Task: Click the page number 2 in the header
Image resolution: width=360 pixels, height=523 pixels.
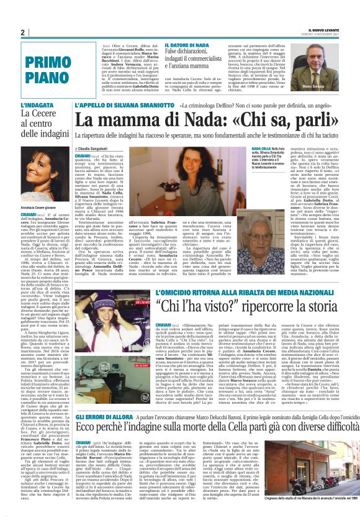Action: tap(22, 32)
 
